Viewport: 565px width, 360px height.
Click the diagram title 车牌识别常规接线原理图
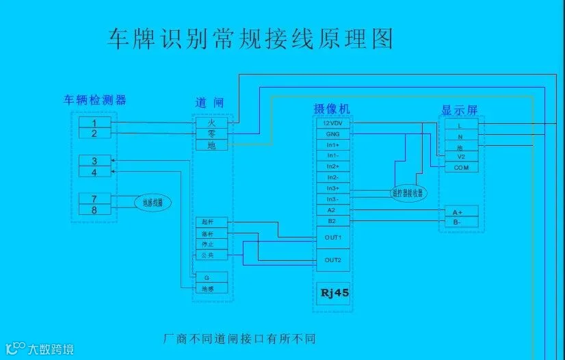250,39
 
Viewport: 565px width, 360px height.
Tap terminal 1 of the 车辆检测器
94,123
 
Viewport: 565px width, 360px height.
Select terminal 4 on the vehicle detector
94,172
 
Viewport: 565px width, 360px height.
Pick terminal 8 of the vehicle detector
94,209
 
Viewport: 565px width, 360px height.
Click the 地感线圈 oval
151,203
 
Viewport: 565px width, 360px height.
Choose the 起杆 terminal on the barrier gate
209,223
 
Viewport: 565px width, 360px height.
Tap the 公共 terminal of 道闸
209,255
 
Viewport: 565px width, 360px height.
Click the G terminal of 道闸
209,278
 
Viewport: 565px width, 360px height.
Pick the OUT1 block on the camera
333,237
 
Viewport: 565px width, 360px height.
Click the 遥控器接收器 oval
408,194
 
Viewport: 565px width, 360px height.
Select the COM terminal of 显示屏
461,168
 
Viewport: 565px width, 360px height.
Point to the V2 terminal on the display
461,157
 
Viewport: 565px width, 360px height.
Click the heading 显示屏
459,110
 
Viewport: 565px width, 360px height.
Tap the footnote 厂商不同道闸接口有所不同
239,338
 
